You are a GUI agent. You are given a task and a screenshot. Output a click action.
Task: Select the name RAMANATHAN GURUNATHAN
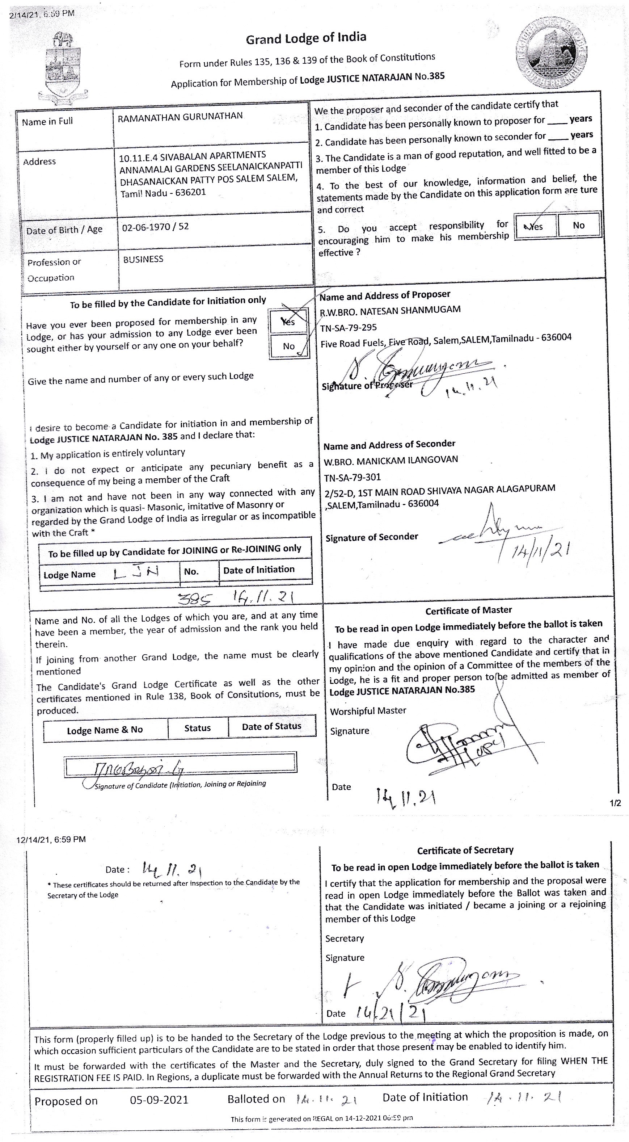[180, 116]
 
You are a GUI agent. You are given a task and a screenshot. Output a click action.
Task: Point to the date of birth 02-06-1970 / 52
[155, 227]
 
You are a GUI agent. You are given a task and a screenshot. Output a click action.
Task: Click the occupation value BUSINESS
[143, 259]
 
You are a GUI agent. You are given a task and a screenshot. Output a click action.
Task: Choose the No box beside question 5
[578, 225]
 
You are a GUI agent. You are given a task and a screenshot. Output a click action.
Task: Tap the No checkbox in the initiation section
[289, 346]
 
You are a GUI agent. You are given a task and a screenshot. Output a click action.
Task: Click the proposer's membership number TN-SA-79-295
[349, 328]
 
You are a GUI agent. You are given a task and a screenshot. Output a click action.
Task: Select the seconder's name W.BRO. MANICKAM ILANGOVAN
[391, 460]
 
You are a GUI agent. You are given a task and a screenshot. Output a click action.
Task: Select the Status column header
[197, 728]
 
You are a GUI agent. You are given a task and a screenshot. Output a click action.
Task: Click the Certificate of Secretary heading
[465, 850]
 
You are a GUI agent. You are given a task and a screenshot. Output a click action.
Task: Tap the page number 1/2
[615, 803]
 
